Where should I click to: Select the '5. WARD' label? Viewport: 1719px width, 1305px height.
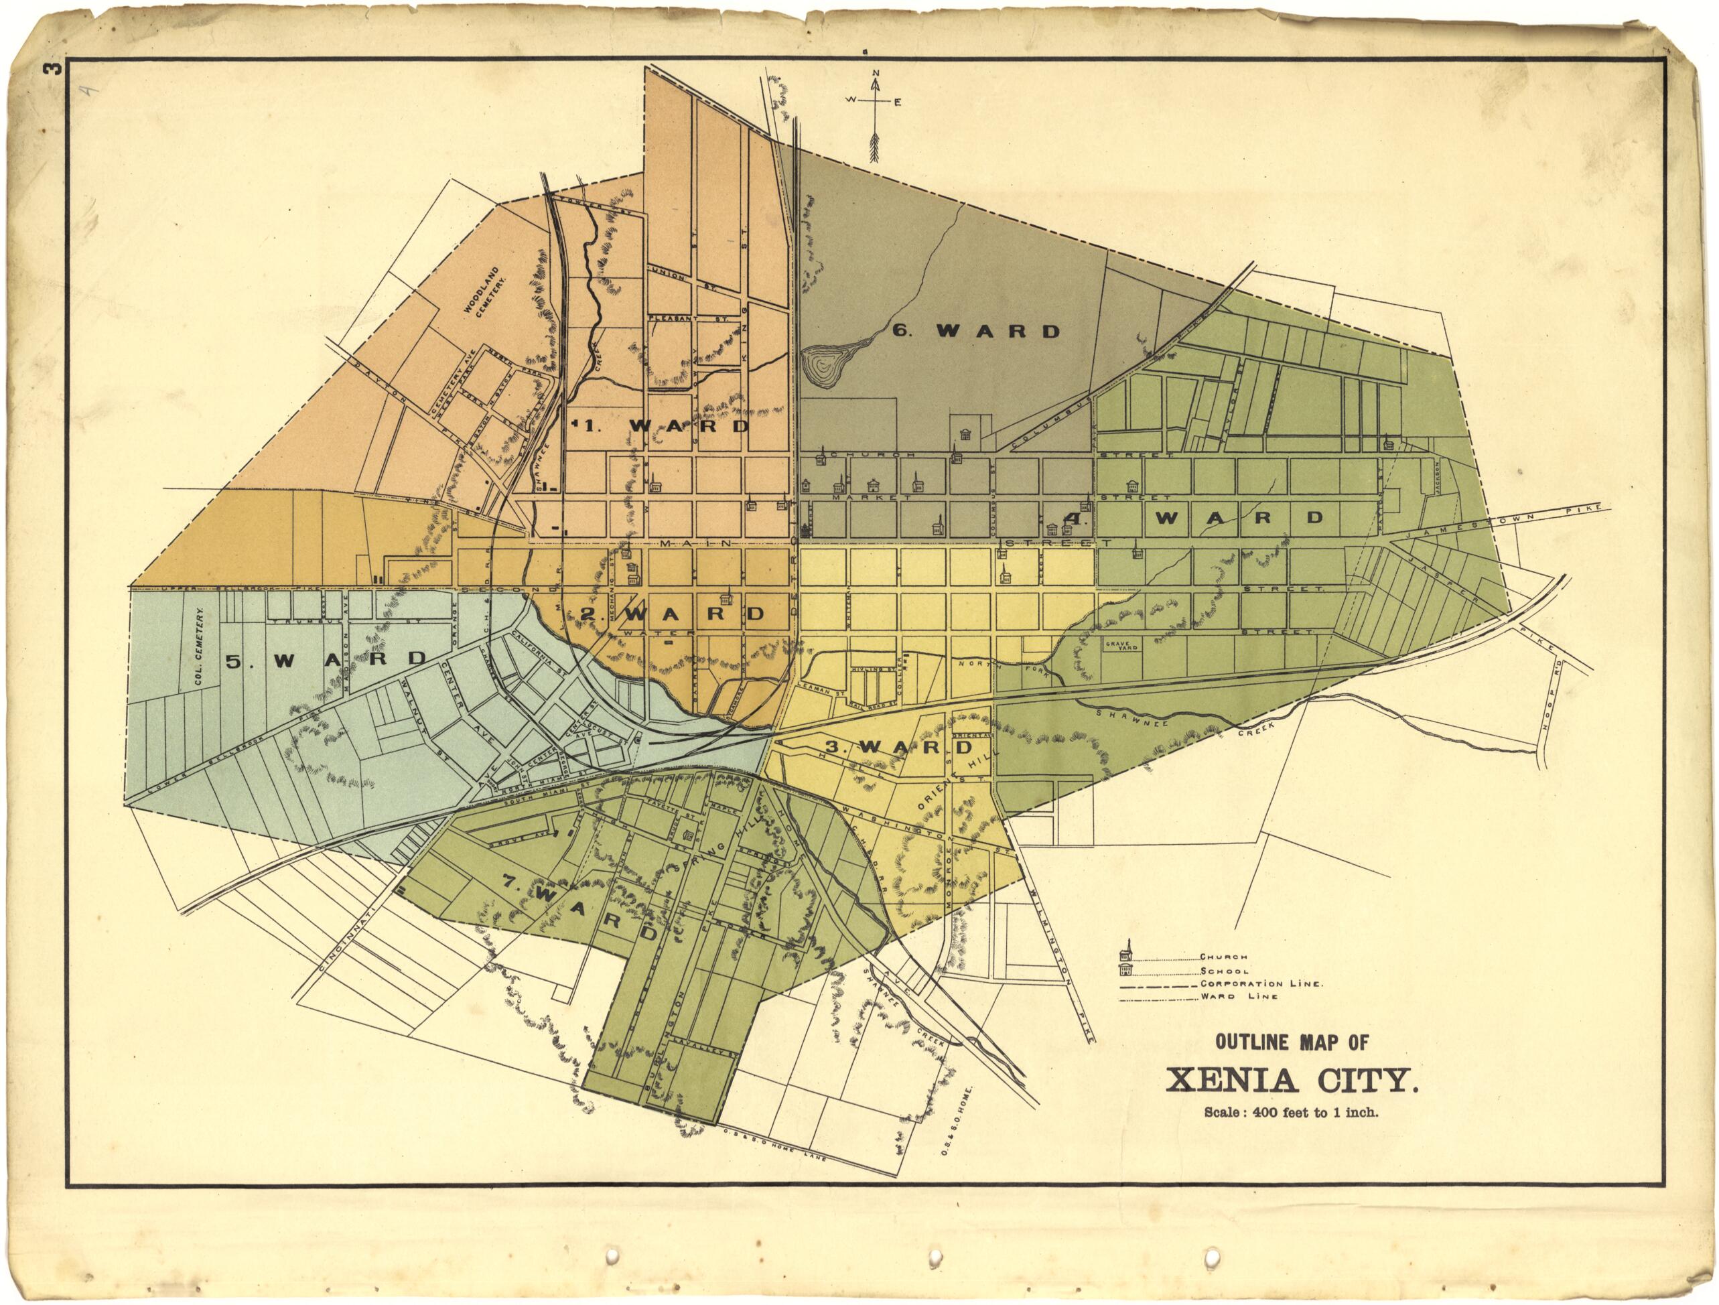[x=326, y=660]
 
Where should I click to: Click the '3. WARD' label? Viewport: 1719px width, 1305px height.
[x=898, y=748]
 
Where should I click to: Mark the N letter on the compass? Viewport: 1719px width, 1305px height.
[x=875, y=74]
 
